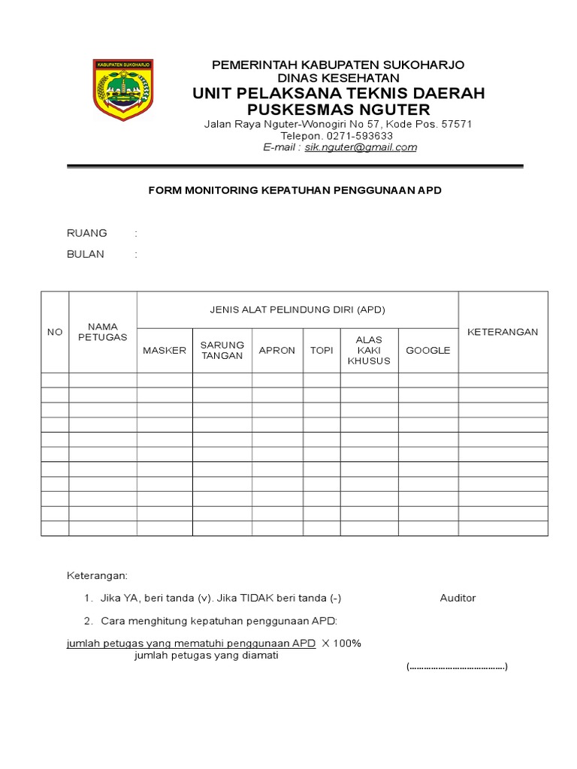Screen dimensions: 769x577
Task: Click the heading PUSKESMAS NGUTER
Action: pos(338,110)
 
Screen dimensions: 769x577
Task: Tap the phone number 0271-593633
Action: pos(360,136)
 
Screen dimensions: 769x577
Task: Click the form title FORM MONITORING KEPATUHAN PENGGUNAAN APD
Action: pos(295,191)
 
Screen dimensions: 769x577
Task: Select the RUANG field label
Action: pos(87,233)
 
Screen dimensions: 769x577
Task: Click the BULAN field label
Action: pos(86,254)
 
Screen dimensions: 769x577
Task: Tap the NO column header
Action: pos(55,332)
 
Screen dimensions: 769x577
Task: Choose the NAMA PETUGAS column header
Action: pos(103,331)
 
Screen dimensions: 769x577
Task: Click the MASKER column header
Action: pos(165,351)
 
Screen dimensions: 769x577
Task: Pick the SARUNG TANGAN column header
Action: pos(222,350)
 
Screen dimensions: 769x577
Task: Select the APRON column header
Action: pos(277,351)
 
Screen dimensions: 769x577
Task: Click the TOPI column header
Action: pos(322,351)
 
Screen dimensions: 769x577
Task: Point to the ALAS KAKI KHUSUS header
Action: pos(369,350)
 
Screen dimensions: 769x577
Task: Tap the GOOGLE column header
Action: pos(428,351)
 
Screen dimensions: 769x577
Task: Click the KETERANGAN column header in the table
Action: pos(503,332)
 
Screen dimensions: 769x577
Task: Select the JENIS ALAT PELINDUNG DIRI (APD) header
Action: pos(297,309)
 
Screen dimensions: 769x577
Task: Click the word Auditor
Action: pos(458,598)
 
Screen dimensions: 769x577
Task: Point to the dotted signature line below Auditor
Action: pos(458,667)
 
